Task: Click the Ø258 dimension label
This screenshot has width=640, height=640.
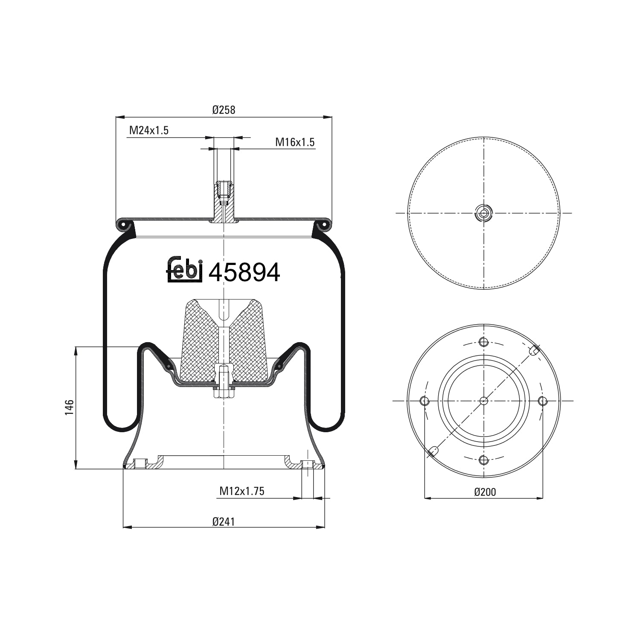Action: pos(224,110)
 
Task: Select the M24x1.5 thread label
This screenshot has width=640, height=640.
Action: pos(149,131)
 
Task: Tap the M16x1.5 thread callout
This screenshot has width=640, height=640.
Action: pos(295,142)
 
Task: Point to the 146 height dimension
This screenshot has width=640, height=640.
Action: pos(70,407)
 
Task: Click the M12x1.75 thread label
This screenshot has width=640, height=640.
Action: pos(242,491)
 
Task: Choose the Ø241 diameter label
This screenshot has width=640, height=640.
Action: pos(224,521)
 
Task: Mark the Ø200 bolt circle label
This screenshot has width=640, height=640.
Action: pos(485,492)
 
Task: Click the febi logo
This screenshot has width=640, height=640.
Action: pos(184,269)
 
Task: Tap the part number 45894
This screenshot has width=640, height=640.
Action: pos(244,272)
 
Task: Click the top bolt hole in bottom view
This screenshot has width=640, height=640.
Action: pos(483,342)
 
